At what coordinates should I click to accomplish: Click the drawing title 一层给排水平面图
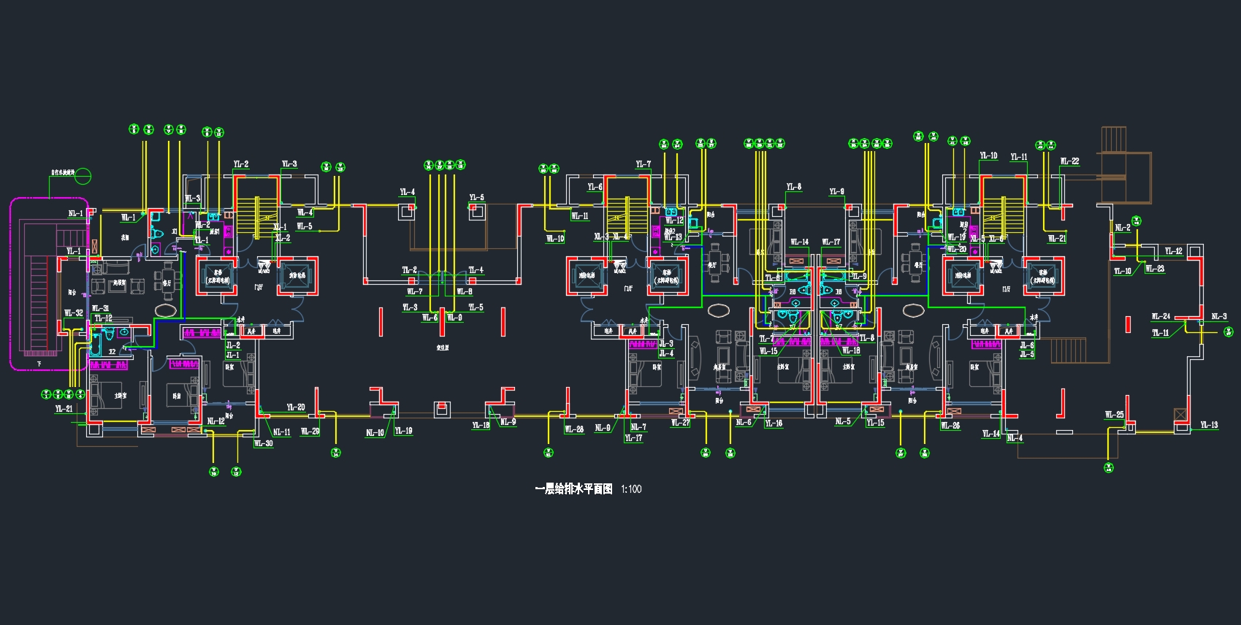[573, 489]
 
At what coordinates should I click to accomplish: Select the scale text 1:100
[631, 489]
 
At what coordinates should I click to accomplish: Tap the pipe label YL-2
[241, 165]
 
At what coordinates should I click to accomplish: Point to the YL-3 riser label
[289, 164]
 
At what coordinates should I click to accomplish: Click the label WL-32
[74, 313]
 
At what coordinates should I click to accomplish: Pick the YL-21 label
[64, 409]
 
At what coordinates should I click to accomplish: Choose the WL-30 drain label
[263, 443]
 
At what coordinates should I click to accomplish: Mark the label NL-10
[375, 433]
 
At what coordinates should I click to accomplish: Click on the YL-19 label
[403, 431]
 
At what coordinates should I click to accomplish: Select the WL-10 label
[555, 239]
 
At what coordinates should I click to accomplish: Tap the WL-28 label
[574, 429]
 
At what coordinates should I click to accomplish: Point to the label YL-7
[643, 165]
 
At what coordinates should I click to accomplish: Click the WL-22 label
[1069, 161]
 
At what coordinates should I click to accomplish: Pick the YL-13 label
[1209, 425]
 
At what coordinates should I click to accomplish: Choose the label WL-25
[1114, 415]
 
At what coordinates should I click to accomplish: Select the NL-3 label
[1219, 316]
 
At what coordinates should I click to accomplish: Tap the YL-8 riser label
[794, 187]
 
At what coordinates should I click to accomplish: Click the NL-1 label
[76, 214]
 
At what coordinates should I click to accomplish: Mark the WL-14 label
[800, 242]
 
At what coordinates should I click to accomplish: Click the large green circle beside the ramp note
[84, 176]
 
